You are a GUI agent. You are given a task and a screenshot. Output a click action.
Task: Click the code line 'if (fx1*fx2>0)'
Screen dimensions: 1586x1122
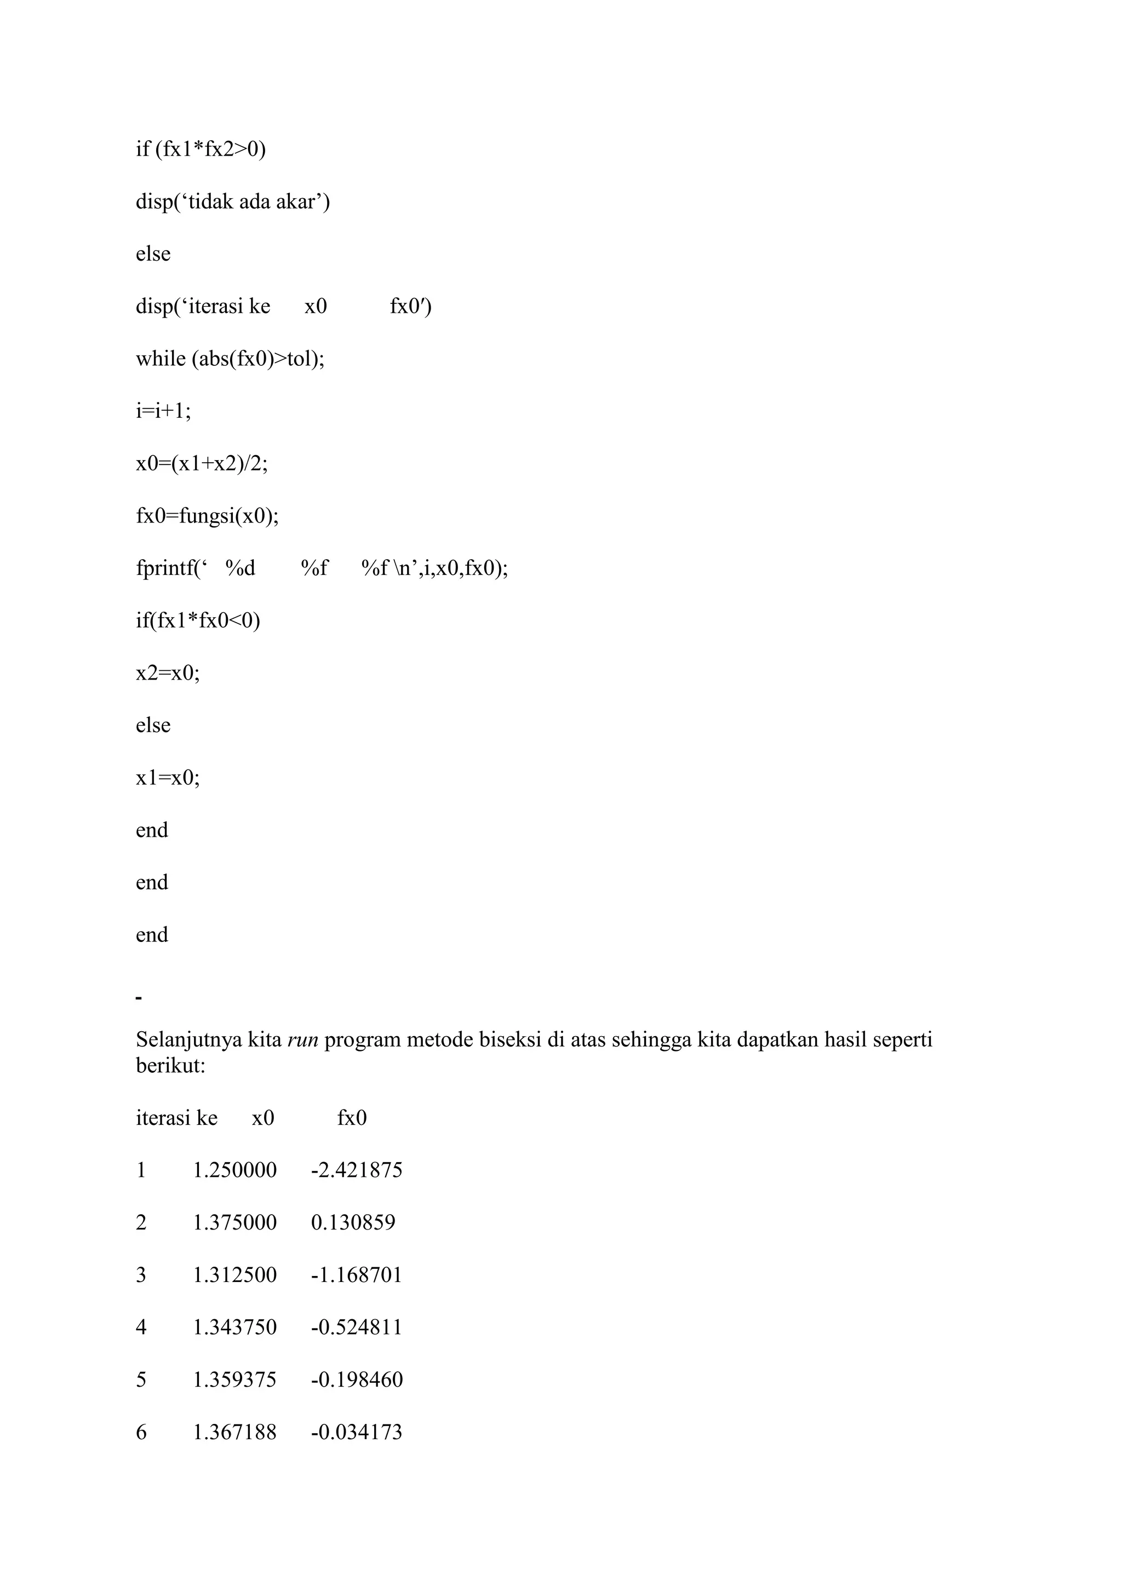click(201, 148)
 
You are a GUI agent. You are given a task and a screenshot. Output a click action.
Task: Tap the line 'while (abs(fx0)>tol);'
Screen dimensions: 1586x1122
click(230, 359)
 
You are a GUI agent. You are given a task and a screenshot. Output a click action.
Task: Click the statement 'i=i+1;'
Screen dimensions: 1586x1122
click(163, 411)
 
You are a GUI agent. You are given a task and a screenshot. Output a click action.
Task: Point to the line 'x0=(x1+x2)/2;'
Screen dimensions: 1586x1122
click(202, 463)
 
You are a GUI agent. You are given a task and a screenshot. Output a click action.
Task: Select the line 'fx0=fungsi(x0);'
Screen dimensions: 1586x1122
click(207, 516)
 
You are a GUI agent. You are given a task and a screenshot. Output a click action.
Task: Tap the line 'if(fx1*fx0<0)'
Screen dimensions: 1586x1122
click(198, 620)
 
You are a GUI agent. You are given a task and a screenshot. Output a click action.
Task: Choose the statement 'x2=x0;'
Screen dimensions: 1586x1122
click(168, 673)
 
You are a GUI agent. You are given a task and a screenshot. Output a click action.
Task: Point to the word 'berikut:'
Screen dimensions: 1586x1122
click(170, 1065)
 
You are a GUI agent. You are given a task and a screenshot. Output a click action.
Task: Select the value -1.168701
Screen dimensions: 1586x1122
click(357, 1274)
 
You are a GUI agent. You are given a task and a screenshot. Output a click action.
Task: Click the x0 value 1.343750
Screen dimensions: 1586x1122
click(234, 1327)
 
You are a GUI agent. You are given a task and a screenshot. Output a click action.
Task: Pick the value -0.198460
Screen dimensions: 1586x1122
click(357, 1380)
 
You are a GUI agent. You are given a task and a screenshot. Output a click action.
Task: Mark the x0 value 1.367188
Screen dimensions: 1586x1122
click(234, 1432)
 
